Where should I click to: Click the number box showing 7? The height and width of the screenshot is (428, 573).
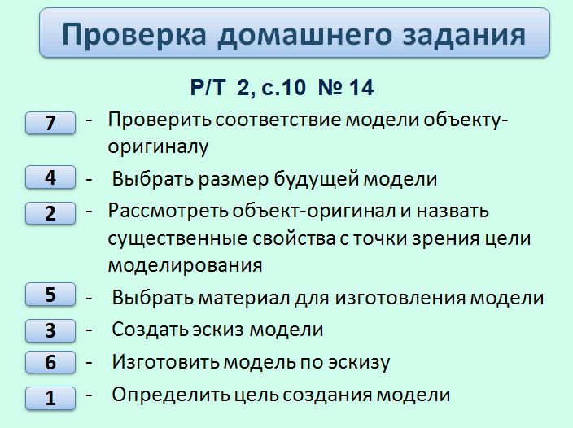click(x=50, y=123)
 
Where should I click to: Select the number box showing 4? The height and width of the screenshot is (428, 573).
click(x=50, y=177)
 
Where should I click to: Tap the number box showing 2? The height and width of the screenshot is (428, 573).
click(x=50, y=213)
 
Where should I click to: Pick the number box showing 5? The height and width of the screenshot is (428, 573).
click(x=50, y=294)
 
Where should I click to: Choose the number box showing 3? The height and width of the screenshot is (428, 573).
click(x=50, y=330)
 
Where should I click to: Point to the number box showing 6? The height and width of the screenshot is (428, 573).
click(x=50, y=362)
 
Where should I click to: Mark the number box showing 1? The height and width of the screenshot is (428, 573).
click(x=50, y=398)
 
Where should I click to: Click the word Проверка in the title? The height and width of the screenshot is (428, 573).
click(x=134, y=35)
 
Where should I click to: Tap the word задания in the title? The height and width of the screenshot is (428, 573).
click(x=464, y=35)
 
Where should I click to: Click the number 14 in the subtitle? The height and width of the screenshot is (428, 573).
click(x=361, y=88)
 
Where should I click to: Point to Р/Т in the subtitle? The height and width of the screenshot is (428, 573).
click(x=208, y=88)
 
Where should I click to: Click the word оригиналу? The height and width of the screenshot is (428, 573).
click(x=158, y=146)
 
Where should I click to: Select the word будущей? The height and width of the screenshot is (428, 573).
click(x=316, y=179)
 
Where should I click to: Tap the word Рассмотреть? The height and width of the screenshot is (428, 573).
click(x=168, y=211)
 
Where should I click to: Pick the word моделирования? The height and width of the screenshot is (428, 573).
click(x=186, y=265)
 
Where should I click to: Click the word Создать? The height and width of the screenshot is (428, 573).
click(x=150, y=330)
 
